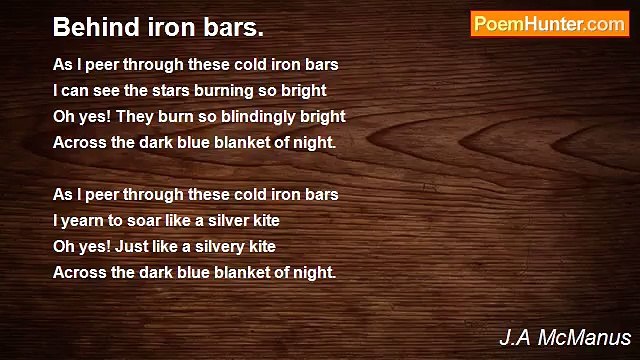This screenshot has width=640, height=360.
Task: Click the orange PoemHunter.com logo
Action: tap(549, 24)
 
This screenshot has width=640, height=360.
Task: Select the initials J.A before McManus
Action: tap(514, 337)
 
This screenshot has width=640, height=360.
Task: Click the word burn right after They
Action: tap(172, 116)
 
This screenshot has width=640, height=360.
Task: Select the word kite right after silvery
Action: tap(259, 245)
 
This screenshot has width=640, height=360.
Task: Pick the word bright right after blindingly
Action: tap(323, 116)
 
